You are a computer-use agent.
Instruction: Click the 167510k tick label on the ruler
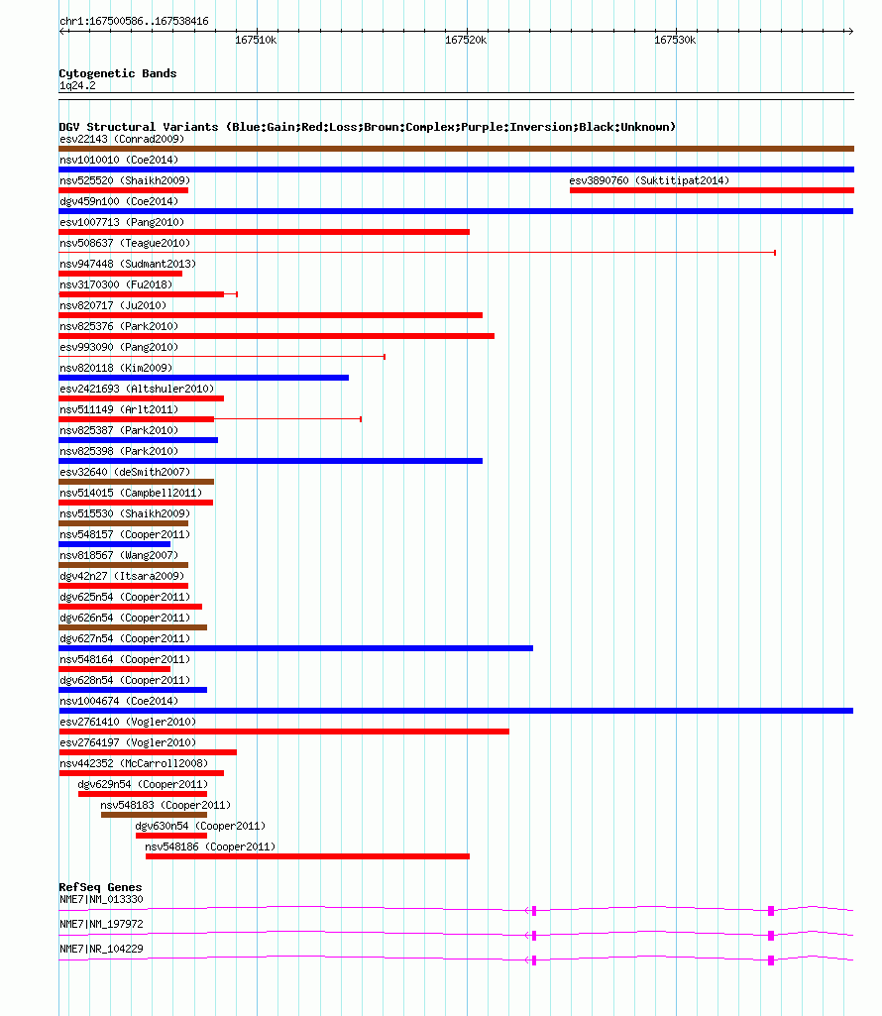(256, 41)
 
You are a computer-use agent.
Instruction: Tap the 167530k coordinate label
(675, 41)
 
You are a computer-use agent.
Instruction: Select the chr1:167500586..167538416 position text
(134, 22)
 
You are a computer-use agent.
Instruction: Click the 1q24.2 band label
(77, 85)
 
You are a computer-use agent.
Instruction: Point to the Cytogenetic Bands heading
(117, 73)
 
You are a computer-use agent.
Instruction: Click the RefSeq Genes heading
(100, 887)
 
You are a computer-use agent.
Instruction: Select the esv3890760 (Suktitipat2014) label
(649, 180)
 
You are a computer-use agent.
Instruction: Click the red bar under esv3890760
(712, 190)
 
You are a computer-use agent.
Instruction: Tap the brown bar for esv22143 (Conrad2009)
(456, 149)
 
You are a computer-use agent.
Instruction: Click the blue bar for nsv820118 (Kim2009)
(203, 378)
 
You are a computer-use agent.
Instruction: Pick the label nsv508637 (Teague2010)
(125, 243)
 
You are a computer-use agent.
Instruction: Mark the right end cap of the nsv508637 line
(775, 253)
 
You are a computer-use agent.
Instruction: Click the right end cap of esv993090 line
(385, 357)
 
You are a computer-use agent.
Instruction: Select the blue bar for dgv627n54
(295, 648)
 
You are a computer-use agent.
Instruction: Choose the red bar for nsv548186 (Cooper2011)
(307, 856)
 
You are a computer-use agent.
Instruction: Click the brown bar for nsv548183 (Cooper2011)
(155, 815)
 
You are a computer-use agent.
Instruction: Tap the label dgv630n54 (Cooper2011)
(200, 826)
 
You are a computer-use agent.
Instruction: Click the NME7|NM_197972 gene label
(101, 924)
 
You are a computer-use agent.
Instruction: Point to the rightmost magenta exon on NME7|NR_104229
(771, 960)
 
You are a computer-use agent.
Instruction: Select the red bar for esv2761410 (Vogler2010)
(283, 732)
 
